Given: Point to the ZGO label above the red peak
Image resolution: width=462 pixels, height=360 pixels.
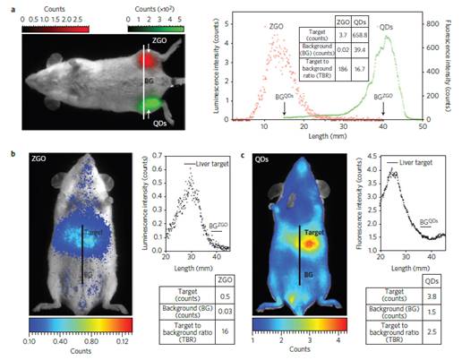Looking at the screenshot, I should point(275,26).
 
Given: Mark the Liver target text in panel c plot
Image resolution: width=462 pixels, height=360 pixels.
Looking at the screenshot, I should point(407,167).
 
